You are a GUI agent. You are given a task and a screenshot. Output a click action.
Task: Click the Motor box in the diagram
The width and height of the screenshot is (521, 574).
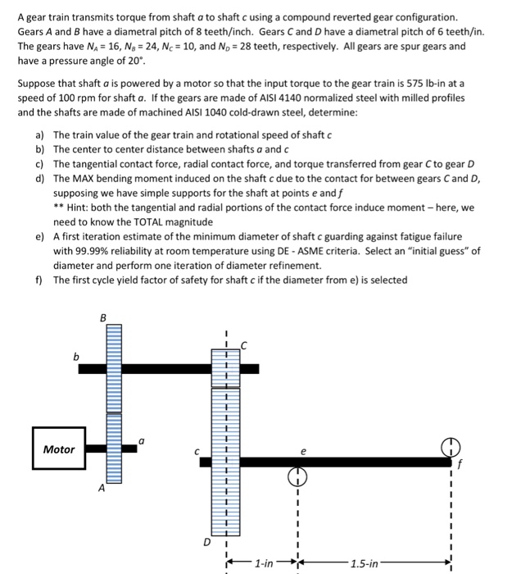[58, 449]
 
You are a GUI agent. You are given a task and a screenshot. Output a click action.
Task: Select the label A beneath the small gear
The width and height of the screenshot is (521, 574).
[102, 489]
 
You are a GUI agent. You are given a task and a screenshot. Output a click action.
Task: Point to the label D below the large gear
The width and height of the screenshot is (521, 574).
[209, 542]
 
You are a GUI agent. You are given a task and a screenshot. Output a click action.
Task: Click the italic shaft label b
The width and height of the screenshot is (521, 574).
[76, 357]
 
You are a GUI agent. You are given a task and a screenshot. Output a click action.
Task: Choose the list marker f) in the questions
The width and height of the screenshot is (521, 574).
[40, 280]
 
